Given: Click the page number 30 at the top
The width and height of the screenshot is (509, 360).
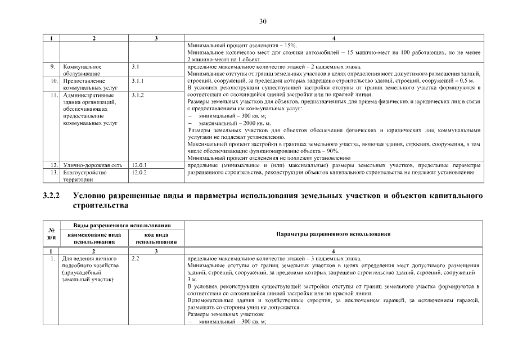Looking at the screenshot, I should (262, 21).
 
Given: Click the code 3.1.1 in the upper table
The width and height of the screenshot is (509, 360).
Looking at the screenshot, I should (137, 81).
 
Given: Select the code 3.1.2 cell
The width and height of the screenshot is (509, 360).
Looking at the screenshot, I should (137, 96).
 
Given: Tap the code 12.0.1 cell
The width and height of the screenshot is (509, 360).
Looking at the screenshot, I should (139, 165).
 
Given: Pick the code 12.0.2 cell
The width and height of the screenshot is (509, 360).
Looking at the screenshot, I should (139, 173).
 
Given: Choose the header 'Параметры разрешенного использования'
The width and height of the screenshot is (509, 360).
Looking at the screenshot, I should (334, 233).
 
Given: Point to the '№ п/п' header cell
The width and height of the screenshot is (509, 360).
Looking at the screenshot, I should (51, 233).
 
